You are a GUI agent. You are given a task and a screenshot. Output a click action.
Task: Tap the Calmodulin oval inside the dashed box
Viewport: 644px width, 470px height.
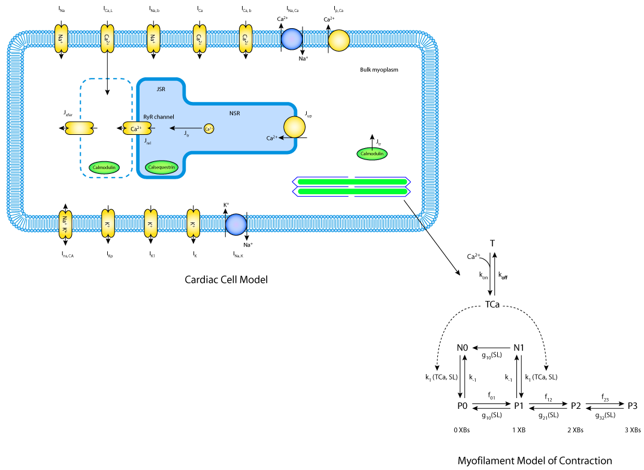pyautogui.click(x=104, y=168)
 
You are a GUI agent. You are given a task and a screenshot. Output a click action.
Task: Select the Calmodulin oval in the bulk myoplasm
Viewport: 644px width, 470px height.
pyautogui.click(x=371, y=154)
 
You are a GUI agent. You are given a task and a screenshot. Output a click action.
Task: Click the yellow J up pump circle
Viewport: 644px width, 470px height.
pyautogui.click(x=294, y=126)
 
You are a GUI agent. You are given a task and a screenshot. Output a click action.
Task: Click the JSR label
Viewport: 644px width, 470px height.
pyautogui.click(x=160, y=89)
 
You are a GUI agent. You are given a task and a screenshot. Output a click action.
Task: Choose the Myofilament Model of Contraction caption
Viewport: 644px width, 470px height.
pyautogui.click(x=534, y=460)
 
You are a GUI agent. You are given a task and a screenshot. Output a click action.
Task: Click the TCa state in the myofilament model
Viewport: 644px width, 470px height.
pyautogui.click(x=492, y=306)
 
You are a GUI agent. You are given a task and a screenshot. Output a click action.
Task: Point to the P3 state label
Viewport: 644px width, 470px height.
pyautogui.click(x=632, y=406)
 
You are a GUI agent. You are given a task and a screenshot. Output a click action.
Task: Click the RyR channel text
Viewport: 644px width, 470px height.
pyautogui.click(x=159, y=116)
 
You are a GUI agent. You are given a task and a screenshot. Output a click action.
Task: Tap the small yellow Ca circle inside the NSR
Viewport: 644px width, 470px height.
pyautogui.click(x=208, y=128)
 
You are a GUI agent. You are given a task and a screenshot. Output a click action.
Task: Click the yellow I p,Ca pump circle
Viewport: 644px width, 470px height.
pyautogui.click(x=338, y=40)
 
